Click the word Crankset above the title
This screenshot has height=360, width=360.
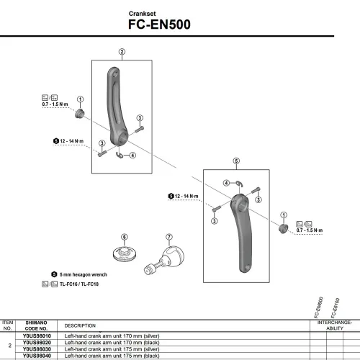pyautogui.click(x=142, y=13)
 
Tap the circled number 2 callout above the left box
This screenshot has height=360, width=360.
pyautogui.click(x=122, y=51)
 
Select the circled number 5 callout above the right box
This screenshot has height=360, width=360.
pyautogui.click(x=236, y=161)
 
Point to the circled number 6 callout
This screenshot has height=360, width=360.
pyautogui.click(x=124, y=237)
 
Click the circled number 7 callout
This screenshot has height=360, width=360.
pyautogui.click(x=169, y=237)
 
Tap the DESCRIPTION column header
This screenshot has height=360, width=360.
pyautogui.click(x=80, y=325)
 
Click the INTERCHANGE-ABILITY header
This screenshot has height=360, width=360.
pyautogui.click(x=335, y=325)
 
